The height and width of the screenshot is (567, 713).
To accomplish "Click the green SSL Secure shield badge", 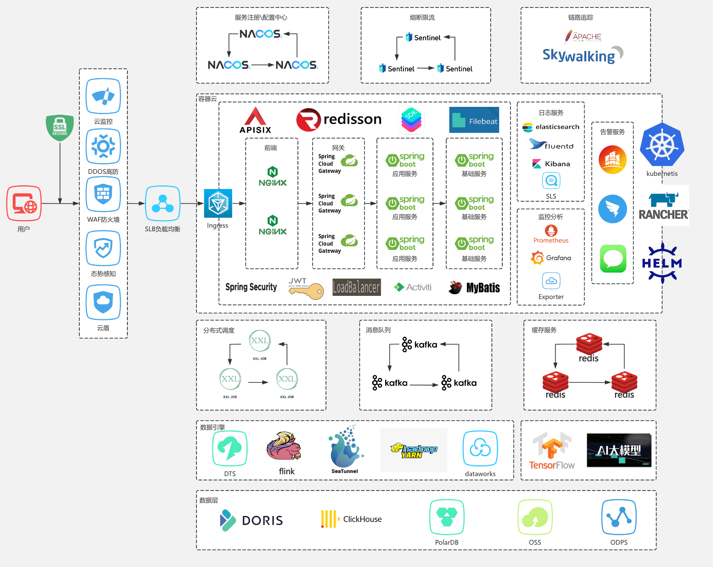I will pyautogui.click(x=60, y=128).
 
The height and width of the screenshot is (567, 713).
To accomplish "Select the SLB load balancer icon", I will pyautogui.click(x=163, y=203).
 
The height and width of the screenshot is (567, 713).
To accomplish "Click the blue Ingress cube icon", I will pyautogui.click(x=218, y=203).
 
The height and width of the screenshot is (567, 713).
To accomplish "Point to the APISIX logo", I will pyautogui.click(x=255, y=120).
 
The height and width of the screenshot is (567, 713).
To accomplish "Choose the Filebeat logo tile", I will pyautogui.click(x=474, y=120).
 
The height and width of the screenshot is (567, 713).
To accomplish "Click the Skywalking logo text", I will pyautogui.click(x=579, y=55).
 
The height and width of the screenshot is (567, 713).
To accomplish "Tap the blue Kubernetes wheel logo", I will pyautogui.click(x=662, y=145).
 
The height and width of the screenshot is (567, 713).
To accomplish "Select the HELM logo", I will pyautogui.click(x=662, y=263).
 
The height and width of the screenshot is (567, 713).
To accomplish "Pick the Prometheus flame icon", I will pyautogui.click(x=551, y=230).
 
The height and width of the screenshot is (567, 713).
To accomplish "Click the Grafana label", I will pyautogui.click(x=558, y=258).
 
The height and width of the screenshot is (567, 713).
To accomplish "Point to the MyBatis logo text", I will pyautogui.click(x=483, y=287).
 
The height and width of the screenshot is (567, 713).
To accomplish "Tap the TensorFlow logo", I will pyautogui.click(x=552, y=451).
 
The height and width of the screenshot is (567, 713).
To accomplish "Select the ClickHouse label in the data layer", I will pyautogui.click(x=362, y=519).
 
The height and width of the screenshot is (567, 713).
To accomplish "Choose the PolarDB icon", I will pyautogui.click(x=447, y=517).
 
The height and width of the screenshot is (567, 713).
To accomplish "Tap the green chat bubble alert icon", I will pyautogui.click(x=613, y=259).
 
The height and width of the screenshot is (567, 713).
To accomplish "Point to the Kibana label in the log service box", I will pyautogui.click(x=557, y=164).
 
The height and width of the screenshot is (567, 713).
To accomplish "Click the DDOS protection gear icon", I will pyautogui.click(x=103, y=146).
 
